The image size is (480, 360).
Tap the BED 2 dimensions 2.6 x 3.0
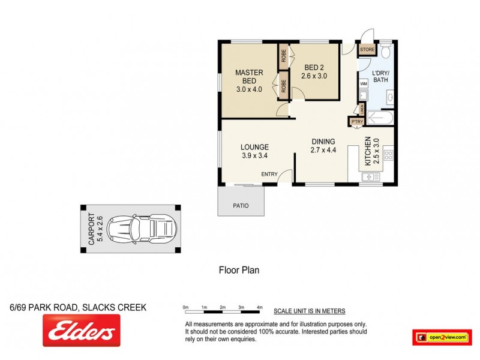314,76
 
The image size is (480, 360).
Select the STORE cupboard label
367,50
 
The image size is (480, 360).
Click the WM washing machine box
363,84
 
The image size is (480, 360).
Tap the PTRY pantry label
356,122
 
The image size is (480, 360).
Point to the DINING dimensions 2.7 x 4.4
323,150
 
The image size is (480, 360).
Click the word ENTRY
269,175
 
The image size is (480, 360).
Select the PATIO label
241,206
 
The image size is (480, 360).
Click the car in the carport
144,228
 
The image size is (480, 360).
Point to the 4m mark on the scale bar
260,307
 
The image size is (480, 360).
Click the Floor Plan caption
238,270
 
